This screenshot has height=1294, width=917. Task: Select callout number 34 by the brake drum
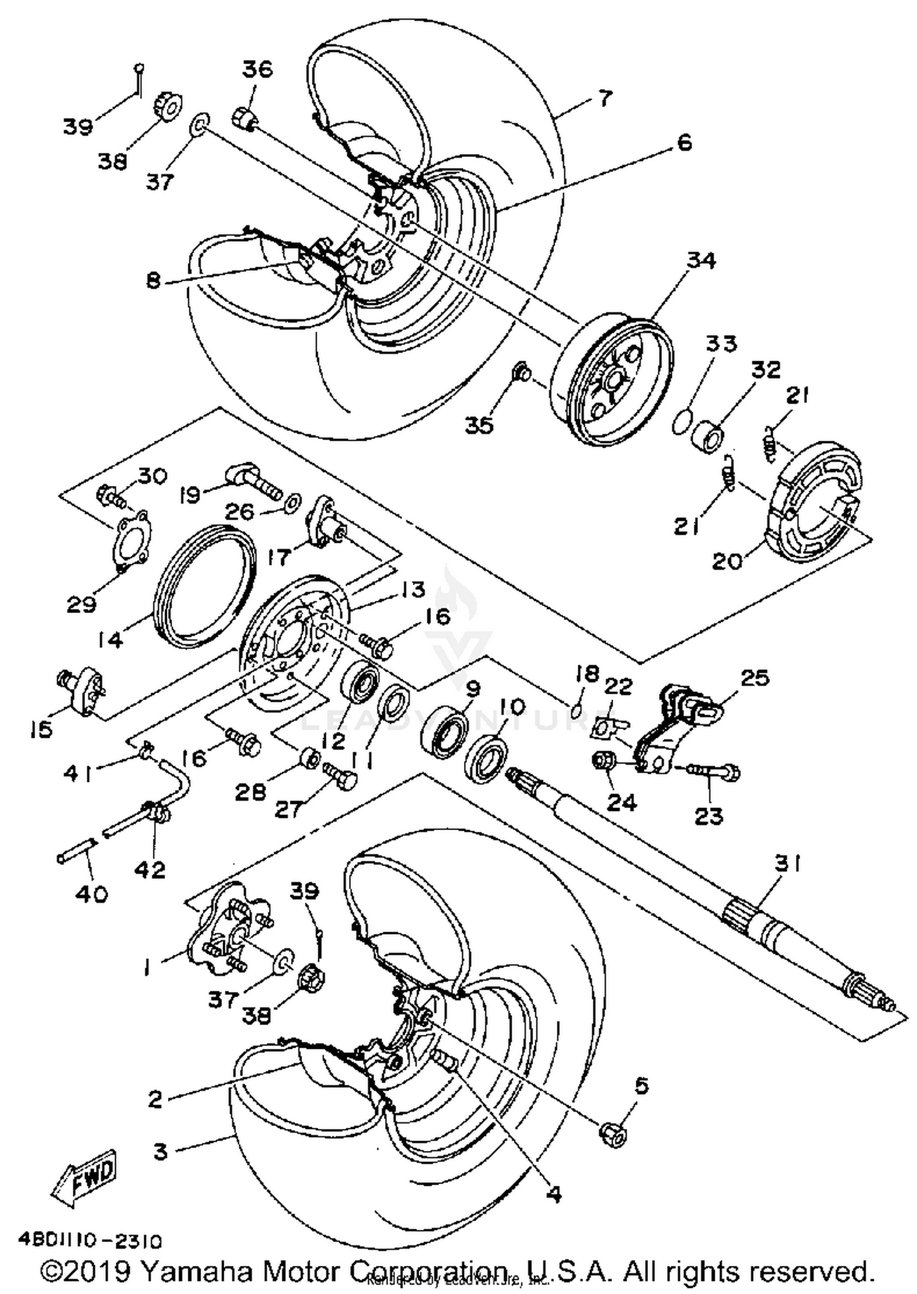point(701,260)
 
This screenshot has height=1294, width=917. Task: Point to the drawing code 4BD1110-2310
point(90,1241)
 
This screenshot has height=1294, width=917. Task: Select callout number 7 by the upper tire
point(604,97)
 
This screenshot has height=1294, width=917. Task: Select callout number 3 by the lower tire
point(160,1152)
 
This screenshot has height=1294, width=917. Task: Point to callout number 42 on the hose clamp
point(151,869)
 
